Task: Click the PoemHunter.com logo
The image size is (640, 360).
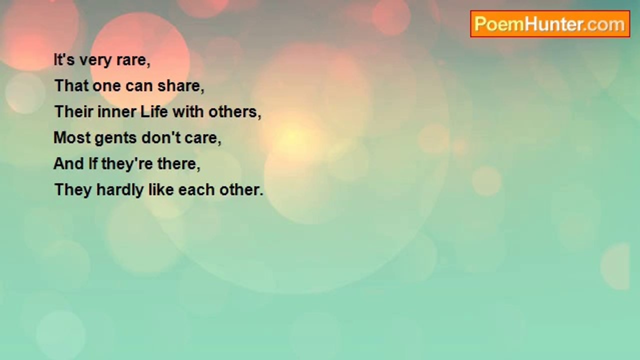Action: click(x=550, y=24)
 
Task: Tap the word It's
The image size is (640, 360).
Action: click(x=64, y=60)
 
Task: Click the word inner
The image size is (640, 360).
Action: click(x=117, y=111)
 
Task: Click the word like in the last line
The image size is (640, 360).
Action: click(x=161, y=189)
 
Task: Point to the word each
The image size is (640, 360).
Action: click(x=196, y=189)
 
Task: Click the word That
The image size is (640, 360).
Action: click(x=71, y=85)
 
